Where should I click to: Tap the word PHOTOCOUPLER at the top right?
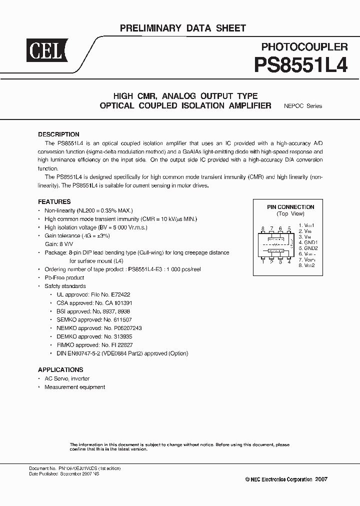(304, 47)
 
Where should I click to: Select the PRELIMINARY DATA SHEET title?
(183, 28)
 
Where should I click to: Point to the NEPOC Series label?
(303, 106)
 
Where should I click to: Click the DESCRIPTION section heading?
(58, 134)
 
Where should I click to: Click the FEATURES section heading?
(54, 202)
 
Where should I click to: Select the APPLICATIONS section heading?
(60, 370)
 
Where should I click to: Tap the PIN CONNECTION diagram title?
(283, 207)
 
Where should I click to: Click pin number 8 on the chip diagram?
(262, 228)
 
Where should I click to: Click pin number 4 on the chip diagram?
(289, 261)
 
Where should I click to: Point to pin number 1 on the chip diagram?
(262, 261)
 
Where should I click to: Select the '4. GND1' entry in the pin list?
(308, 242)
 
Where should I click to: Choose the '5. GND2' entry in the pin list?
(308, 248)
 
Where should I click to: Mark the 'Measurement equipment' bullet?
(75, 387)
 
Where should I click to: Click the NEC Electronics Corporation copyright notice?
(286, 479)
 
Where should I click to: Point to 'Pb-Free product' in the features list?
(64, 277)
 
